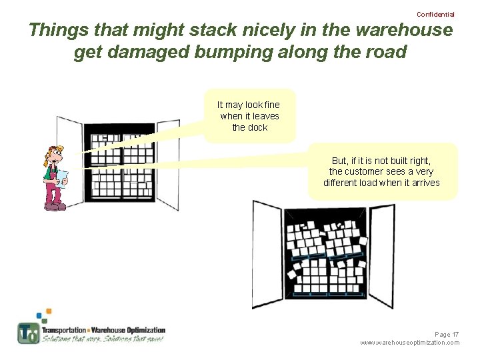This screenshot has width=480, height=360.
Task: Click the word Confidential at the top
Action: pyautogui.click(x=435, y=14)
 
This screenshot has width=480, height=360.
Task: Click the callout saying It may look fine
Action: pyautogui.click(x=249, y=115)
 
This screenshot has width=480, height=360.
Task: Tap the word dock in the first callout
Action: pyautogui.click(x=257, y=127)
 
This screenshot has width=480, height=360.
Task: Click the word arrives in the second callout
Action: pyautogui.click(x=424, y=183)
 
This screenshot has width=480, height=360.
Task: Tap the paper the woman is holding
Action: pyautogui.click(x=62, y=177)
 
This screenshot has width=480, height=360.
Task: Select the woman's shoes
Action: pyautogui.click(x=55, y=207)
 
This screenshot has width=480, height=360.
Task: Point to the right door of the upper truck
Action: pyautogui.click(x=167, y=163)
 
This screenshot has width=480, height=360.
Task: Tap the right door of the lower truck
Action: pyautogui.click(x=381, y=253)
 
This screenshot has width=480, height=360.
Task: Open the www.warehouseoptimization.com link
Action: pyautogui.click(x=409, y=343)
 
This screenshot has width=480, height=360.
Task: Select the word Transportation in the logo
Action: pyautogui.click(x=64, y=330)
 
